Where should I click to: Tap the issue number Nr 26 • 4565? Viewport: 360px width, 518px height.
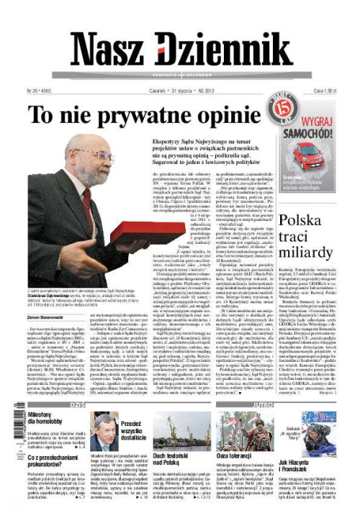(42, 92)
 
